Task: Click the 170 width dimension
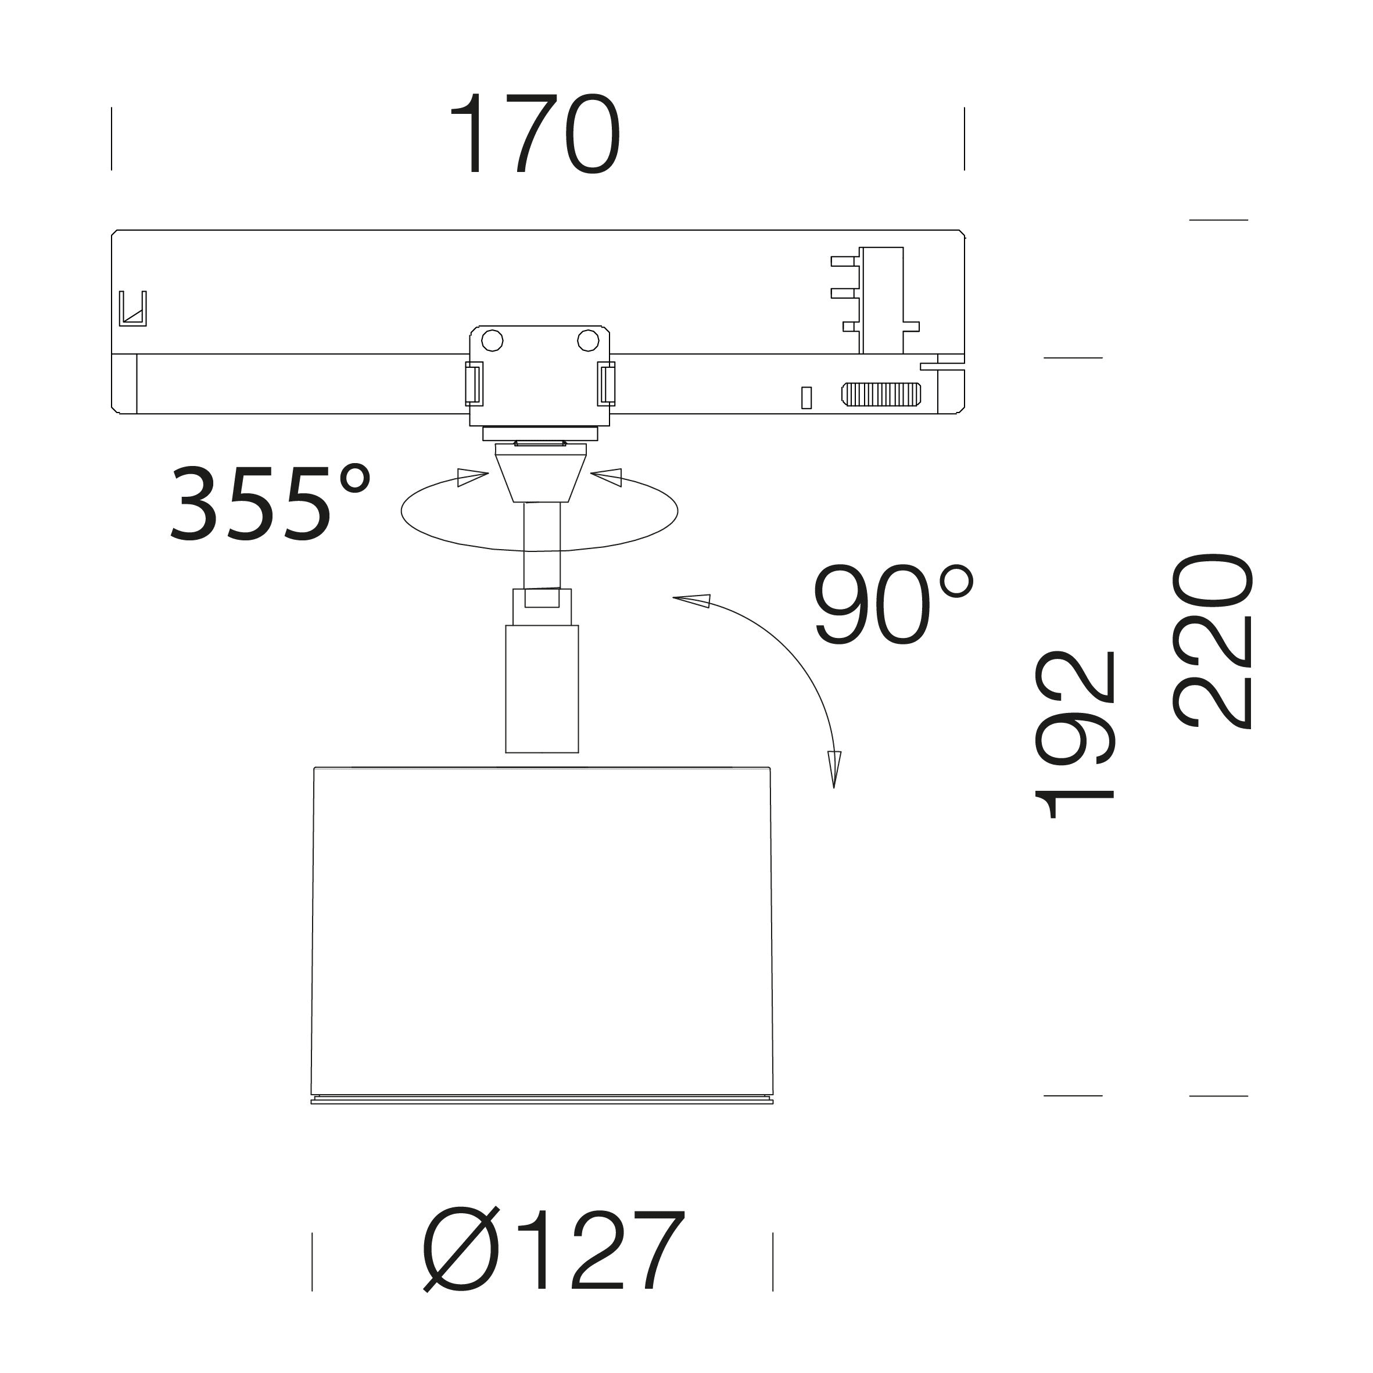coord(535,135)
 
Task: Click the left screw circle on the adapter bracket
coord(493,341)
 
